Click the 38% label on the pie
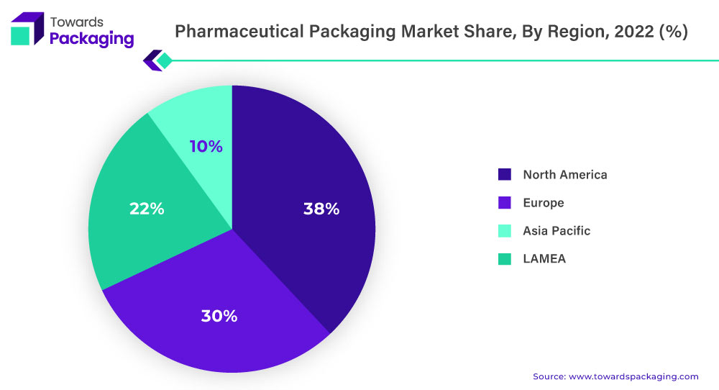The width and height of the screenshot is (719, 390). (x=321, y=209)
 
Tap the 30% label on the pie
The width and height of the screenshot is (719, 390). (x=220, y=315)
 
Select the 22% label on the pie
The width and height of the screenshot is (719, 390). (x=147, y=209)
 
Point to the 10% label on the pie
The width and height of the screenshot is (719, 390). (x=206, y=147)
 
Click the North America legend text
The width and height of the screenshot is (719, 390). (x=564, y=174)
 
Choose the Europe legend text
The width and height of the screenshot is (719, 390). (x=543, y=203)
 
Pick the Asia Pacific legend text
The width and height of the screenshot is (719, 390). (x=557, y=230)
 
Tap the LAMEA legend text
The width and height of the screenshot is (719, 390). (x=544, y=258)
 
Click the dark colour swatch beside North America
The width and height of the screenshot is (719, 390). (x=504, y=174)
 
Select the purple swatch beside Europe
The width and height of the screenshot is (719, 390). (x=504, y=203)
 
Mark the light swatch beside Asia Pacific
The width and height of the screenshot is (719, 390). (x=504, y=230)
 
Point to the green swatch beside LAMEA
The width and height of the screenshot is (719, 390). (x=504, y=258)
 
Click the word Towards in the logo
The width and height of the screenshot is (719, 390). (x=76, y=22)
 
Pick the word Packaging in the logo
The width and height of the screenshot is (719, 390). (x=91, y=39)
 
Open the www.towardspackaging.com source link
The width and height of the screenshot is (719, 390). (x=633, y=376)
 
